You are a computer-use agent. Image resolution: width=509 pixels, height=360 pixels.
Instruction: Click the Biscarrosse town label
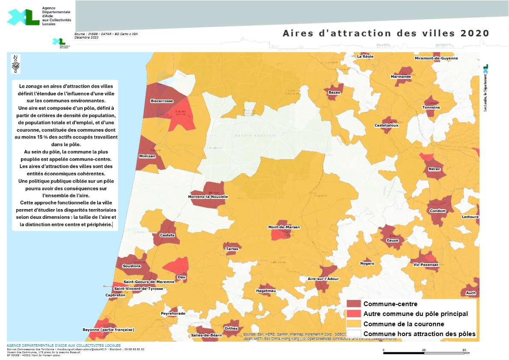(162, 101)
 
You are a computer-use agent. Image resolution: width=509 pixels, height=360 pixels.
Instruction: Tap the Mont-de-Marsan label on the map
(284, 227)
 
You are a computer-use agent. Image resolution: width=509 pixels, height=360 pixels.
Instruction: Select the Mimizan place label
(147, 156)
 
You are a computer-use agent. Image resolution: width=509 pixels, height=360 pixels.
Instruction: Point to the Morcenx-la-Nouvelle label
(208, 197)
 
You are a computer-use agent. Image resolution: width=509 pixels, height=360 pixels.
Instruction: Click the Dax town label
(182, 277)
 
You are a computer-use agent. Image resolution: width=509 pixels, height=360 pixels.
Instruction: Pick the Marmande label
(401, 77)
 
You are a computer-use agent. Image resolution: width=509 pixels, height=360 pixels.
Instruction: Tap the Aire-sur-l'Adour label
(323, 279)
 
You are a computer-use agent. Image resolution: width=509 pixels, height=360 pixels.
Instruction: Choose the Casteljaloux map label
(386, 125)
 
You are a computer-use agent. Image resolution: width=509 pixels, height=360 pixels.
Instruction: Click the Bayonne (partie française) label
(108, 330)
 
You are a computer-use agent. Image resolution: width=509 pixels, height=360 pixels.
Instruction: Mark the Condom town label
(438, 211)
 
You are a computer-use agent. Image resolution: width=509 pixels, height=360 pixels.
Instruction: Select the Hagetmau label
(266, 291)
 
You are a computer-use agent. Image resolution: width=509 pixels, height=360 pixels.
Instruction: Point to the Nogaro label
(367, 263)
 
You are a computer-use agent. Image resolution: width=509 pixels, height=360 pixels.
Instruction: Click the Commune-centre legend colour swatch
(354, 304)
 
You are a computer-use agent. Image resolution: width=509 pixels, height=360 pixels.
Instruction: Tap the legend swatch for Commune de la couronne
(354, 324)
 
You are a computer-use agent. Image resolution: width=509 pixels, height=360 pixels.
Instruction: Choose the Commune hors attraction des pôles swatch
(354, 333)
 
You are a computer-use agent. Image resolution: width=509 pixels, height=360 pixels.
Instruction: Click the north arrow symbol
(16, 64)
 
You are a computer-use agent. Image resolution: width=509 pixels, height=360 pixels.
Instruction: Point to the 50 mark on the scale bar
(465, 350)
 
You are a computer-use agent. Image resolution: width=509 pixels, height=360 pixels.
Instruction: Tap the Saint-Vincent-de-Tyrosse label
(138, 289)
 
